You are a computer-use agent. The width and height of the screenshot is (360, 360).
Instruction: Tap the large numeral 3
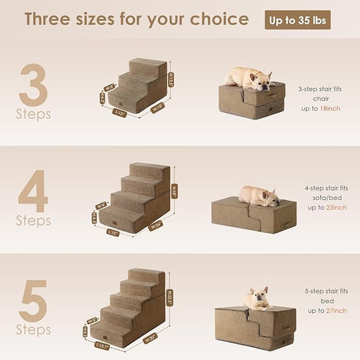click(x=34, y=86)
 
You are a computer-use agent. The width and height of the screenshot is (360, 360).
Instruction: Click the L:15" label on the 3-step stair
click(x=120, y=113)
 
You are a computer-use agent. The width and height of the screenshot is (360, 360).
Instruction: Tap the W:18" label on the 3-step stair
click(x=157, y=107)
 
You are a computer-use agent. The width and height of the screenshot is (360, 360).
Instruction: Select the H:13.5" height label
click(x=170, y=81)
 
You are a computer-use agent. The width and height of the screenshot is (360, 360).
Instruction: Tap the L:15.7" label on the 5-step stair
click(x=103, y=346)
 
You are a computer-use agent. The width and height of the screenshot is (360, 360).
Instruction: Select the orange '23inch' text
click(x=334, y=207)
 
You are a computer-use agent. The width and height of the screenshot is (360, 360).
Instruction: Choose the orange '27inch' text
click(x=335, y=311)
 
